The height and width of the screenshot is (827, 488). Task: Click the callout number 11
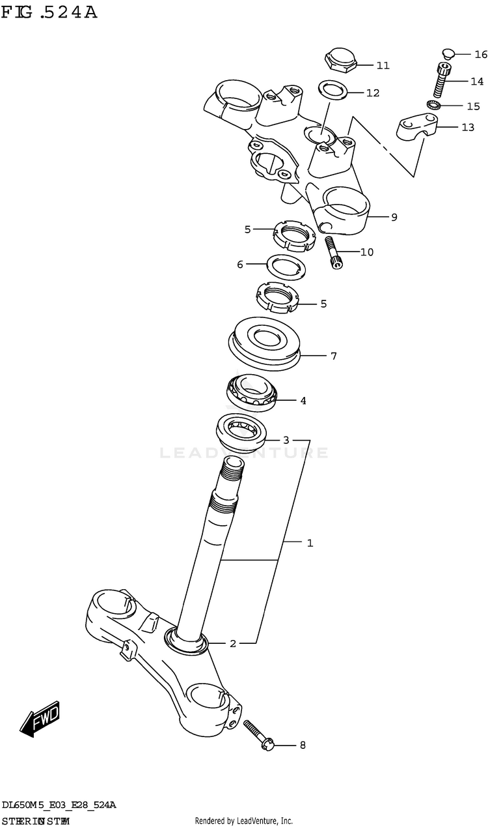383,65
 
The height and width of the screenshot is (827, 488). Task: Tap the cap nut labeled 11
341,60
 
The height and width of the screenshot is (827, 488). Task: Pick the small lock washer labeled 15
435,105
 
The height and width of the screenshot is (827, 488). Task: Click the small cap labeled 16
446,53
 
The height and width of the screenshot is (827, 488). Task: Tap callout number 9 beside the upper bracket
394,217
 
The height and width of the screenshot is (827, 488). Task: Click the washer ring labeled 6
289,265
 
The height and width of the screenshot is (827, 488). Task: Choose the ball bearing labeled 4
252,394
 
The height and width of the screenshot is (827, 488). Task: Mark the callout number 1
310,542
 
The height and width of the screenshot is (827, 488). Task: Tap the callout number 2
233,643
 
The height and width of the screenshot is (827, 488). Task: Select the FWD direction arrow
40,718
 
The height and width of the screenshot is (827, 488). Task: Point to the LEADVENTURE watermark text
244,452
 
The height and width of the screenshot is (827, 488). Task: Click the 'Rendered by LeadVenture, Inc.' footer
244,820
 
